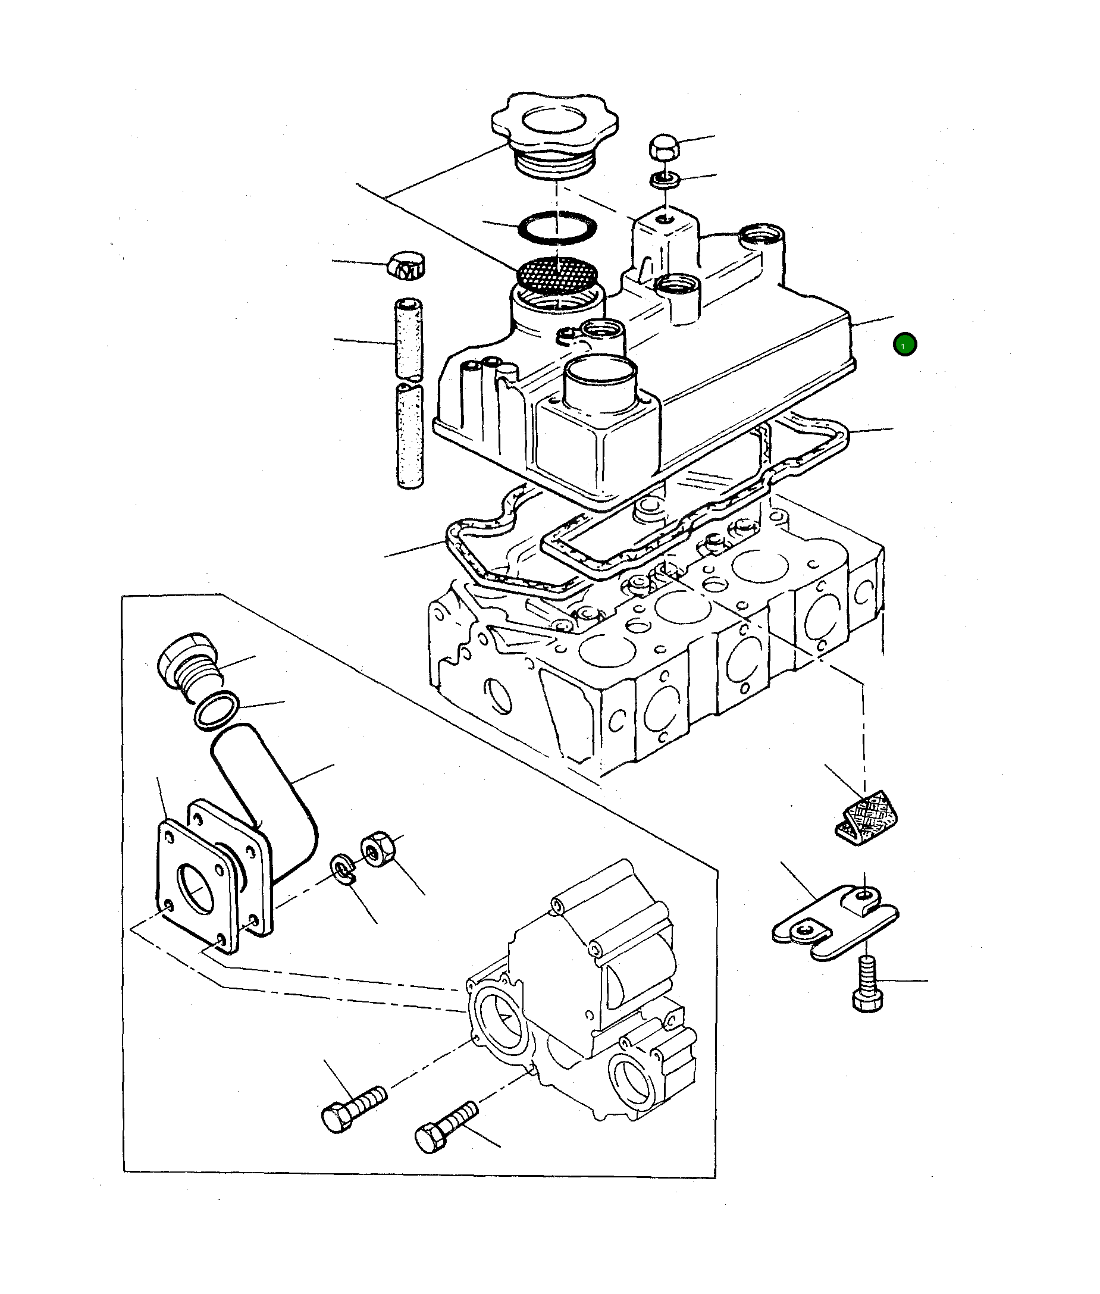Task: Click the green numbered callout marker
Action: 904,344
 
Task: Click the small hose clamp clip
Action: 406,267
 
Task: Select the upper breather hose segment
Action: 409,338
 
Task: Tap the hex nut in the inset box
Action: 377,849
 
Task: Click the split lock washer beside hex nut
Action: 341,868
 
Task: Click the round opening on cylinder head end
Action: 500,695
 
